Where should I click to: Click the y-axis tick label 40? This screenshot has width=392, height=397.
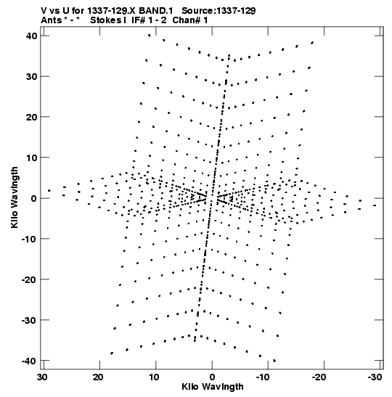coord(31,36)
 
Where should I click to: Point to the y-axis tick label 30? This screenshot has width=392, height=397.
coord(31,76)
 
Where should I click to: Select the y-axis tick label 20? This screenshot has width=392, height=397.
coord(31,117)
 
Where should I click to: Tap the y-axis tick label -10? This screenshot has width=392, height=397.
coord(29,239)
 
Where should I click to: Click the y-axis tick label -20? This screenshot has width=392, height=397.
coord(29,279)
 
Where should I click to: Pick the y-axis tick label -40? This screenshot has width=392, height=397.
coord(29,361)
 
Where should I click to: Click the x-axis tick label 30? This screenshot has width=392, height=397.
coord(43,377)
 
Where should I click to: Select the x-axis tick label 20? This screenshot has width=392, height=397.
coord(98,377)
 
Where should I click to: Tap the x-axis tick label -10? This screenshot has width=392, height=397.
coord(263,377)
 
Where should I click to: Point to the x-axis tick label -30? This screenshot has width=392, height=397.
coord(375,377)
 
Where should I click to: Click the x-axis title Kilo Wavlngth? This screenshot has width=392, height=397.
coord(213,387)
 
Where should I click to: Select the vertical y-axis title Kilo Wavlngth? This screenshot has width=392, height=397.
coord(15,197)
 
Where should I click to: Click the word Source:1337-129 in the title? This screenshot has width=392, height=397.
coord(219,11)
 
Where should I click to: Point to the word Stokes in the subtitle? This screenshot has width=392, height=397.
coord(106,20)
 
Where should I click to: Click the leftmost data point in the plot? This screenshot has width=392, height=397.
coord(49,191)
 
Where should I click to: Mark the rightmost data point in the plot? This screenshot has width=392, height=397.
coord(375,205)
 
